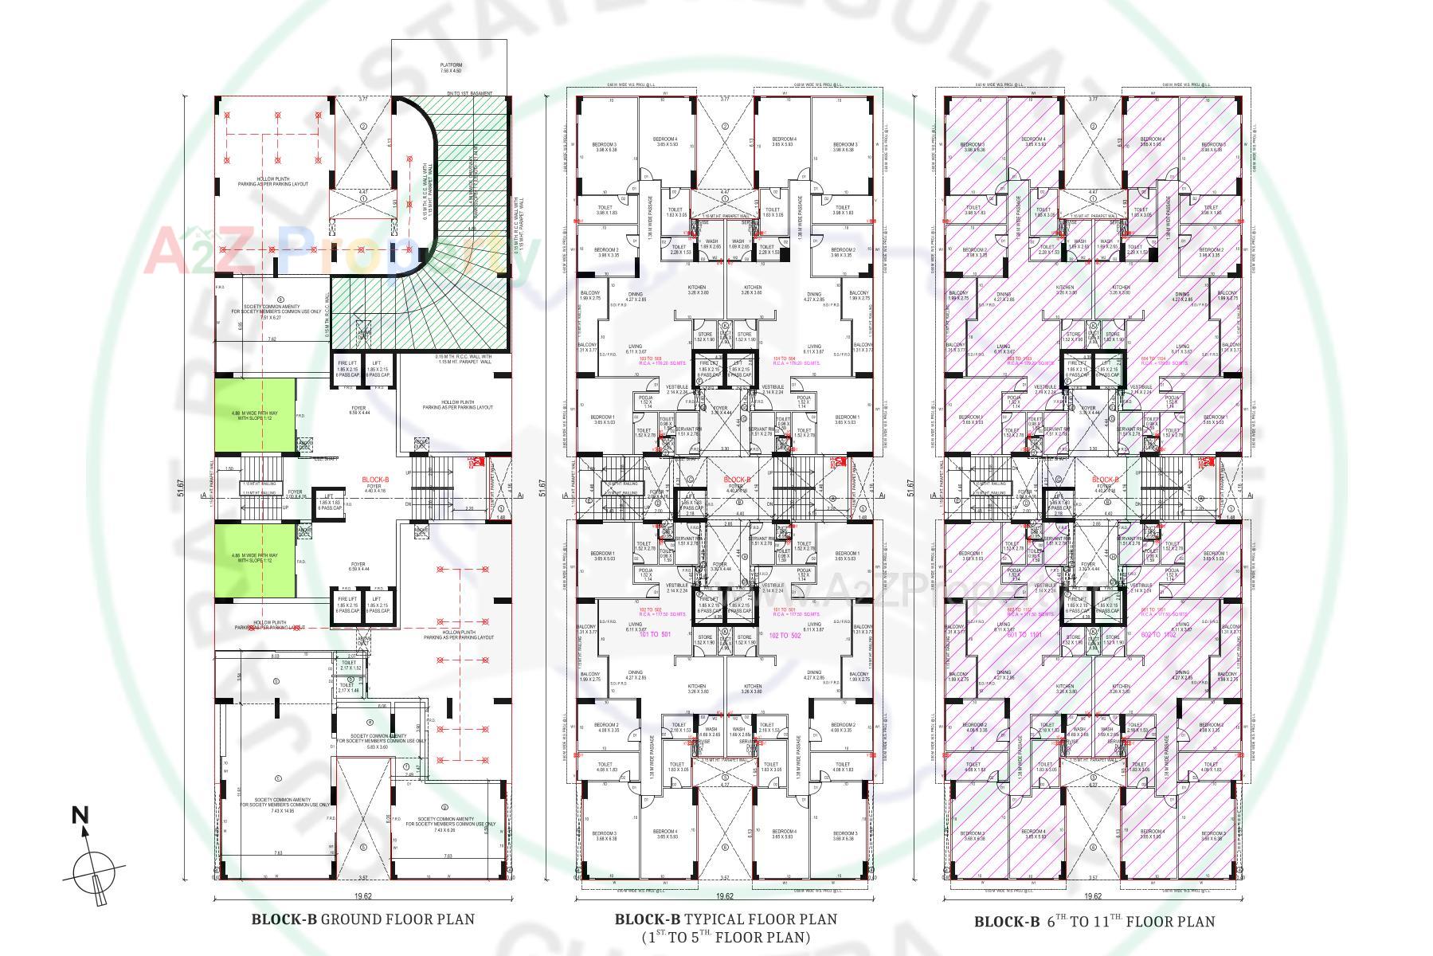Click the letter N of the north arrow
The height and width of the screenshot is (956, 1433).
click(x=80, y=815)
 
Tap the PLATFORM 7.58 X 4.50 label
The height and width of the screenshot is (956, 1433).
click(x=451, y=68)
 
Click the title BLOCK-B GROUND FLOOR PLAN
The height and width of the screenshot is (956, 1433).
click(x=363, y=919)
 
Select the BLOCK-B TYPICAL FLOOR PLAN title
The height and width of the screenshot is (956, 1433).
click(x=726, y=919)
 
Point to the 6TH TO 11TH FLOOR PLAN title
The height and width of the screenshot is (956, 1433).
click(x=1094, y=922)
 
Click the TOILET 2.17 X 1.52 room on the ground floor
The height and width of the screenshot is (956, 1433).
click(x=350, y=664)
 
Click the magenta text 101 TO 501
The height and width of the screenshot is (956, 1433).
click(x=654, y=634)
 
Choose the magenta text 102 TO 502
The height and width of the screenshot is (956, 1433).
click(x=785, y=635)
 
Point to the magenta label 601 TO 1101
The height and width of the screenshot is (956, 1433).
click(x=1024, y=634)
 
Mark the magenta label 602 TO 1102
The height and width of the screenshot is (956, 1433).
click(x=1158, y=635)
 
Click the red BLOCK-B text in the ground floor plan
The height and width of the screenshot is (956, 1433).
click(x=375, y=480)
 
